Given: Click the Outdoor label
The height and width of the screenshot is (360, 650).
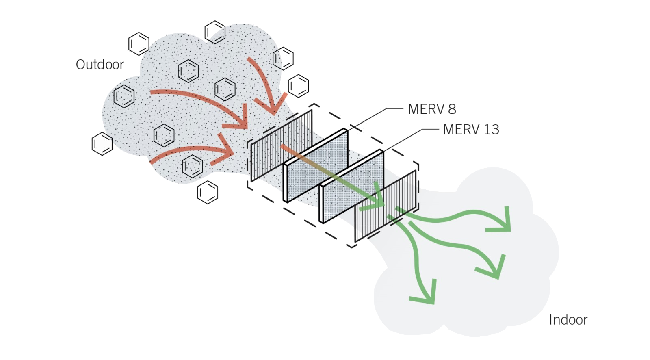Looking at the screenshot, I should [100, 64].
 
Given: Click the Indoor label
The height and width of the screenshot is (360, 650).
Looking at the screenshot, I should [568, 320].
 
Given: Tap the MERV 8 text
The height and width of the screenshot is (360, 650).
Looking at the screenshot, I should [432, 109].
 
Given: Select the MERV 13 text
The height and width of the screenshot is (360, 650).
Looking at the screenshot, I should [471, 130].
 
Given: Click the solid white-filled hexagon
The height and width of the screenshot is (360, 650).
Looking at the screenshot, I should [101, 144].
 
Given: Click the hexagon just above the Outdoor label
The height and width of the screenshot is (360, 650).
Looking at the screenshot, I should [139, 44].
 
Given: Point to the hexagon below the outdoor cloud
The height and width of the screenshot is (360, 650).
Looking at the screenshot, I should [208, 192].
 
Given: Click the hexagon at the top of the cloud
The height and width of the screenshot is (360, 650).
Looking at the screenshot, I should [214, 32].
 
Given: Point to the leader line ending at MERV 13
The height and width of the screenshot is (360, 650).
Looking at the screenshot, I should [410, 134].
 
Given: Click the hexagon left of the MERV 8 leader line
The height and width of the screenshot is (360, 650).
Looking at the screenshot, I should [299, 85].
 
